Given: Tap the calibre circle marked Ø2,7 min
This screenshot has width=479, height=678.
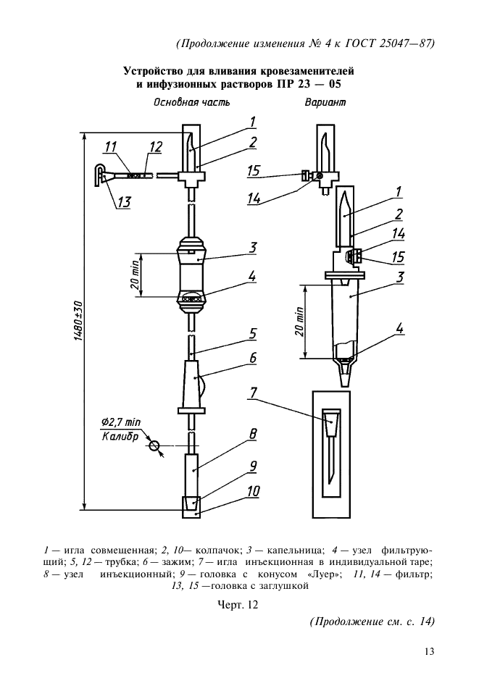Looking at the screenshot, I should click(x=154, y=446).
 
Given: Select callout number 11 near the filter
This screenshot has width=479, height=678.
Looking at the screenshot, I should click(x=110, y=148).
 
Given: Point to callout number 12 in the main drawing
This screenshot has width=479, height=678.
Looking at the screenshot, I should click(x=156, y=148).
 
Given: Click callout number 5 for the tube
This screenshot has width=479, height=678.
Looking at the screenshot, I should click(x=253, y=334).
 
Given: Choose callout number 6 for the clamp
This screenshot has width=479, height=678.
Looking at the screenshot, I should click(x=253, y=358).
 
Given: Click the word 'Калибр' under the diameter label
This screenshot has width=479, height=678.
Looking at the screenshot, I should click(x=120, y=437).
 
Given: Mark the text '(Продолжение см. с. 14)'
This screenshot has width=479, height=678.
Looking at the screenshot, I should click(x=371, y=621).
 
